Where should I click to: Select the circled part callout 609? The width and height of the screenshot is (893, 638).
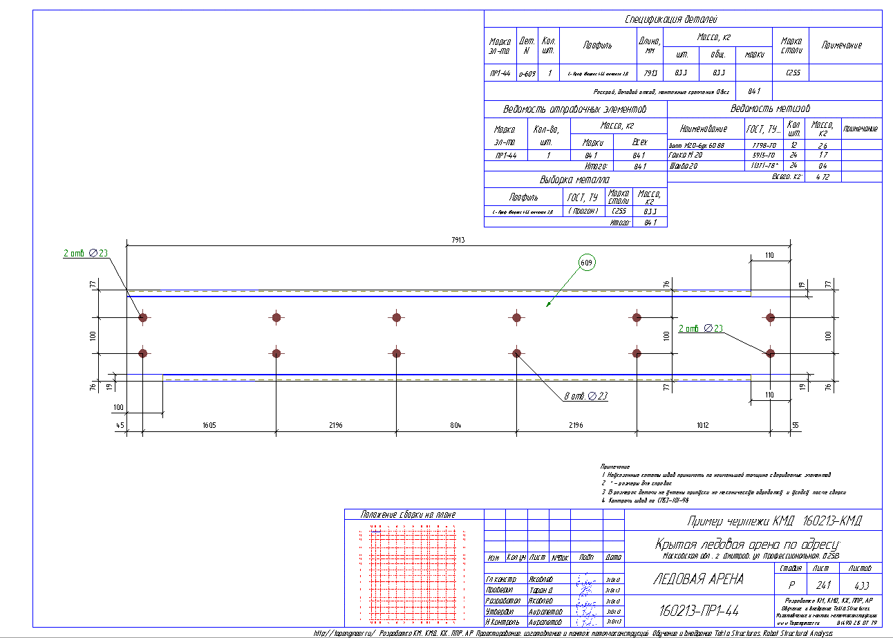tap(587, 263)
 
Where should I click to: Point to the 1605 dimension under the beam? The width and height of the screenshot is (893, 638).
tap(209, 425)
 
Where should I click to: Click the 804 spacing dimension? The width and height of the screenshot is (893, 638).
tap(455, 425)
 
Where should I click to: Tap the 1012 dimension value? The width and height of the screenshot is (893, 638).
tap(702, 425)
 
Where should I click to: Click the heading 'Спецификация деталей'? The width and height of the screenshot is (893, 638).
tap(671, 19)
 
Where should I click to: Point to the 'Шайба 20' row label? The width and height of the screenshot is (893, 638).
tap(684, 167)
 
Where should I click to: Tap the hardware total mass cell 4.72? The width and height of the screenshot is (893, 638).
tap(822, 177)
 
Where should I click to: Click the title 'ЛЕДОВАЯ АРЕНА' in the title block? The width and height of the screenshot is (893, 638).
tap(698, 579)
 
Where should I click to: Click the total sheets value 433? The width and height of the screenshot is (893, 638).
tap(861, 585)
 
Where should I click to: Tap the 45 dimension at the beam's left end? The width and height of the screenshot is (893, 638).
tap(121, 425)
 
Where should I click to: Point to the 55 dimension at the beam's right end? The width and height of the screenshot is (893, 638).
tap(795, 425)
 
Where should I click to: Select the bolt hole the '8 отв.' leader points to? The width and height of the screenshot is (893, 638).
tap(516, 353)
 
